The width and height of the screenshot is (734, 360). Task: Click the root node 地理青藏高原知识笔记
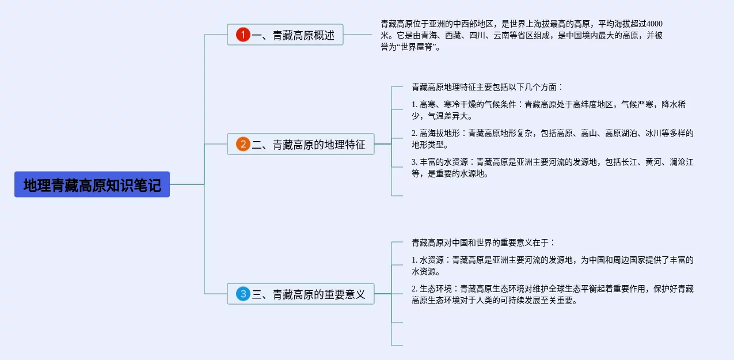[x=92, y=185]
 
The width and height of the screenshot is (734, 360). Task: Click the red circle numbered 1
[x=243, y=35]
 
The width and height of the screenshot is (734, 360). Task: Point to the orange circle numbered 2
[x=243, y=145]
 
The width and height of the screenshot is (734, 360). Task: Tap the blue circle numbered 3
[x=243, y=294]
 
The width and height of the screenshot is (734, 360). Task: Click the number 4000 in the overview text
[x=655, y=24]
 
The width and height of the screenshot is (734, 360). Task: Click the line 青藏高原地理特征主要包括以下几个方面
[x=487, y=88]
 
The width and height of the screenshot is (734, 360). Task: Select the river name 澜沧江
[x=682, y=162]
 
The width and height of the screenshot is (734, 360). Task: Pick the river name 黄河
[x=653, y=162]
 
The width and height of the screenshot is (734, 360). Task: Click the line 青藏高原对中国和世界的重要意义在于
[x=483, y=243]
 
